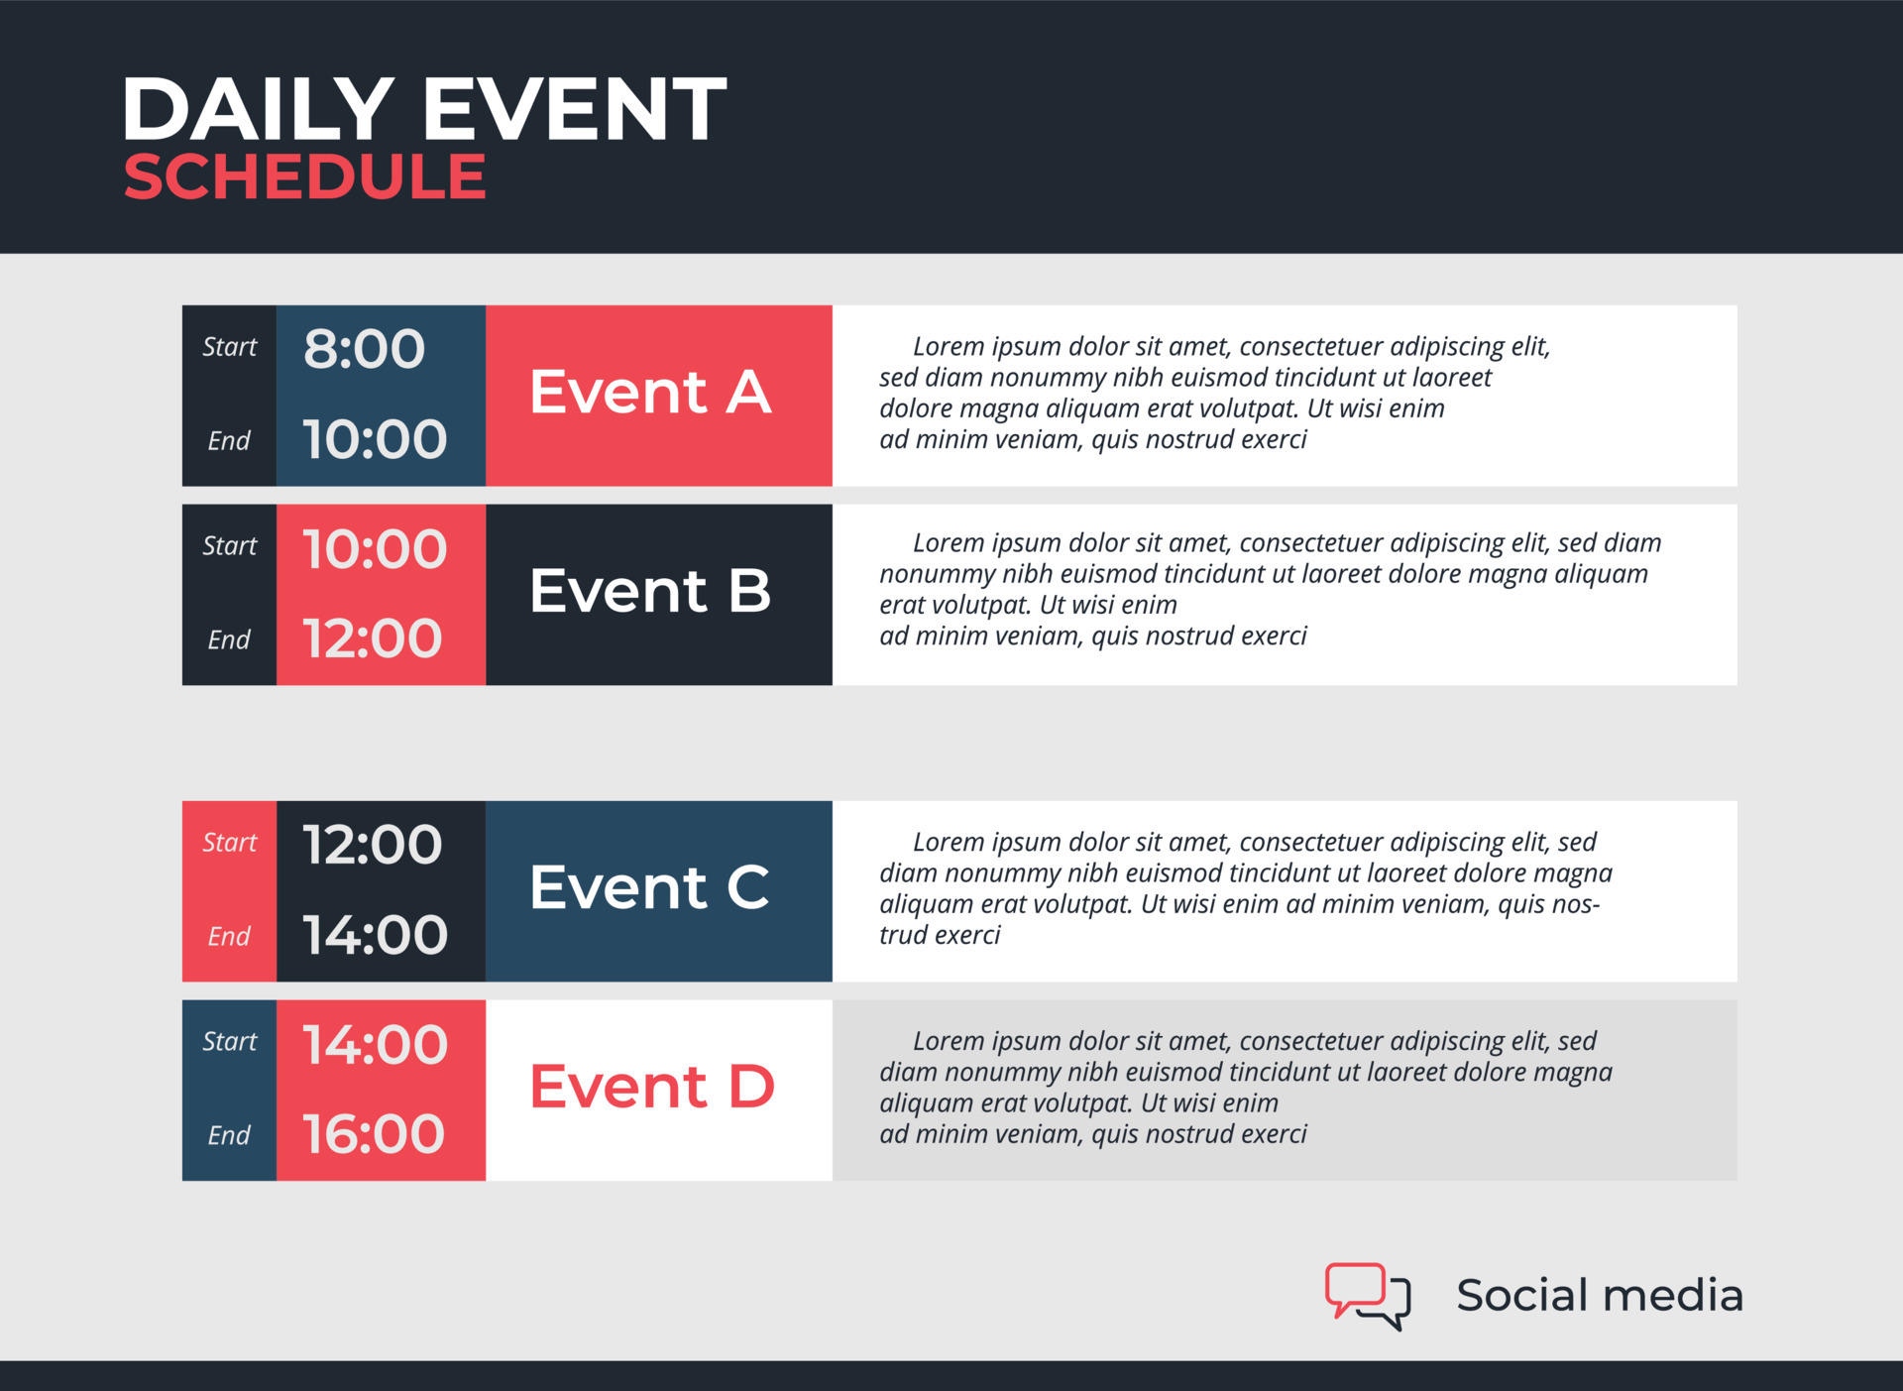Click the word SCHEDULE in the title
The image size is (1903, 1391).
[304, 177]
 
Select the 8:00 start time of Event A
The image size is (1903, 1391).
[364, 349]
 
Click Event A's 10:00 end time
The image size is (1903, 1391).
[375, 439]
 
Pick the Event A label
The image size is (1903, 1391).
[650, 392]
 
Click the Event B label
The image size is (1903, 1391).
[650, 591]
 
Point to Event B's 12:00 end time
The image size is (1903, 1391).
[373, 638]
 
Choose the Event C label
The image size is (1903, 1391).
[649, 887]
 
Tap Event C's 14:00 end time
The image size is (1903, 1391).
[375, 935]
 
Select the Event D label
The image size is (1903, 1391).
[652, 1087]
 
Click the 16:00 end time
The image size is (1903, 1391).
[374, 1134]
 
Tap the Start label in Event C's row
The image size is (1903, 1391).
[229, 843]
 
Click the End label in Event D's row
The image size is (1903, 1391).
[229, 1135]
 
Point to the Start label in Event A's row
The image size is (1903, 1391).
[229, 347]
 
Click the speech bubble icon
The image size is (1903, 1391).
[1368, 1295]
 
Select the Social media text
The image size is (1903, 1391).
[1599, 1295]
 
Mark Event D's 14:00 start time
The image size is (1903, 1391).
[375, 1045]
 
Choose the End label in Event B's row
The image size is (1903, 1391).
[229, 639]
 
